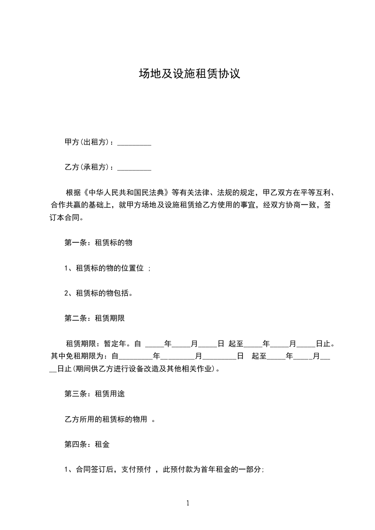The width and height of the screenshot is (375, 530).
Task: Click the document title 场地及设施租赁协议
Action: click(x=189, y=74)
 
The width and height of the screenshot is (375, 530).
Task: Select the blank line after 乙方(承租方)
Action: click(x=134, y=167)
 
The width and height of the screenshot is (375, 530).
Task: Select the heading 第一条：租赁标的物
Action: click(x=98, y=242)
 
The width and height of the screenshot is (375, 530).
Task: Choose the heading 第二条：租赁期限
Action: click(x=94, y=318)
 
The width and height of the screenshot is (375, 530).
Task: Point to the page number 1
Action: click(x=188, y=503)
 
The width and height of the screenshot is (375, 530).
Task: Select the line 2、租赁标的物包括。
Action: click(x=98, y=293)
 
